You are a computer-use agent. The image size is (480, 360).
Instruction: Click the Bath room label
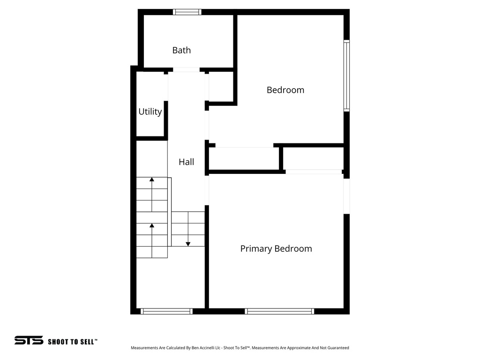[181, 50]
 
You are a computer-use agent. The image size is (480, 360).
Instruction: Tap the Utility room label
[150, 112]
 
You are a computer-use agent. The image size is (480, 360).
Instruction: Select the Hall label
[186, 162]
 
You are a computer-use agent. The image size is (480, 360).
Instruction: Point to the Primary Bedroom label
[276, 248]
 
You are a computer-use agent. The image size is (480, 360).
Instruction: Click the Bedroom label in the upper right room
[285, 90]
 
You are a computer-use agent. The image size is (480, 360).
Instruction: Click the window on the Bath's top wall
[187, 12]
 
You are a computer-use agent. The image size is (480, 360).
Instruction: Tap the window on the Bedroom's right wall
[346, 75]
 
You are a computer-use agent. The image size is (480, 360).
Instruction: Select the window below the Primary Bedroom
[279, 311]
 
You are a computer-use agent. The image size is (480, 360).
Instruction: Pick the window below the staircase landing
[166, 311]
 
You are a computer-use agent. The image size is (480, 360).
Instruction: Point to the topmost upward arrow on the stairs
[152, 180]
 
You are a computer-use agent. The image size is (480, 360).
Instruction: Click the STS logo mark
[29, 340]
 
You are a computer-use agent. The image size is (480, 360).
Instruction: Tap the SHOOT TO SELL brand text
[72, 342]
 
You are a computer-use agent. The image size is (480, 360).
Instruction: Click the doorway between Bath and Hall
[186, 70]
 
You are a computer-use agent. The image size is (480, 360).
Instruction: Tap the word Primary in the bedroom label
[256, 248]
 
